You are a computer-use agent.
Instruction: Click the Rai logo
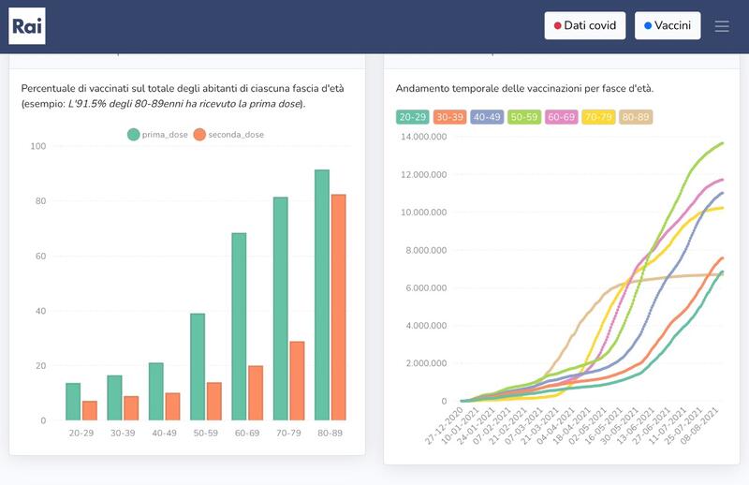tap(27, 26)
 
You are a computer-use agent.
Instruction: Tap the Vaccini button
tap(668, 26)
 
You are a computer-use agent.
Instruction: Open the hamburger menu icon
tap(722, 26)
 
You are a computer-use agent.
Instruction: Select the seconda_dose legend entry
tap(228, 135)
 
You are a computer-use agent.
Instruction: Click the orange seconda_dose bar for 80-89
tap(339, 307)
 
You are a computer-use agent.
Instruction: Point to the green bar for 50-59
tap(198, 366)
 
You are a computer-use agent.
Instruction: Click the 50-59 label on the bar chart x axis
tap(205, 434)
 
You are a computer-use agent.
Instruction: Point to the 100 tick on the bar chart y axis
tap(38, 146)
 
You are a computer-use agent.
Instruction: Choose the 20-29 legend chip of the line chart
tap(412, 117)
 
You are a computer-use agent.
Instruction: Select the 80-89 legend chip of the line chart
tap(637, 117)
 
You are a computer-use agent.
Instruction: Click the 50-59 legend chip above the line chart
tap(524, 117)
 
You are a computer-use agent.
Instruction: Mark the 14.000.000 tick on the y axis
tap(423, 137)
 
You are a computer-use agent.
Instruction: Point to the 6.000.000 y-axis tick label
tap(426, 288)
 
